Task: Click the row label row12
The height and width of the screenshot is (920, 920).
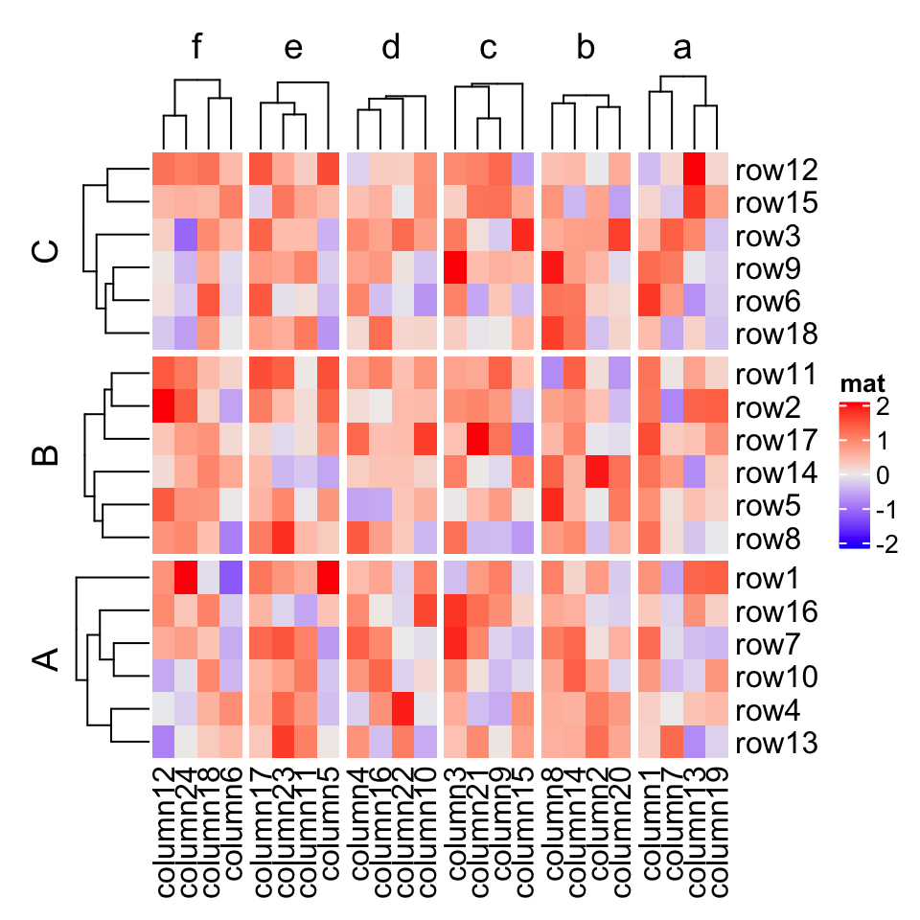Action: coord(776,171)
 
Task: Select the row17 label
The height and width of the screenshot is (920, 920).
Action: coord(776,442)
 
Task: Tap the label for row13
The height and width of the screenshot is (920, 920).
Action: coord(776,743)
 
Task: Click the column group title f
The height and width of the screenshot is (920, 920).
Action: coord(197,47)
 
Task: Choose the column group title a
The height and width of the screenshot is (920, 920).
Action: coord(682,47)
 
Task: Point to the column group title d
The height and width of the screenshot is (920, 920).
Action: coord(391,47)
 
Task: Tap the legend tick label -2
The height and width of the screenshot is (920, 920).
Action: coord(887,543)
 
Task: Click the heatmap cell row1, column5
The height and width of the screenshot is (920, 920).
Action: coord(328,579)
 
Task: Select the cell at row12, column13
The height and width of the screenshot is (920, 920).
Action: coord(695,171)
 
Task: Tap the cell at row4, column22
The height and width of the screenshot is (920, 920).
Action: coord(402,710)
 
